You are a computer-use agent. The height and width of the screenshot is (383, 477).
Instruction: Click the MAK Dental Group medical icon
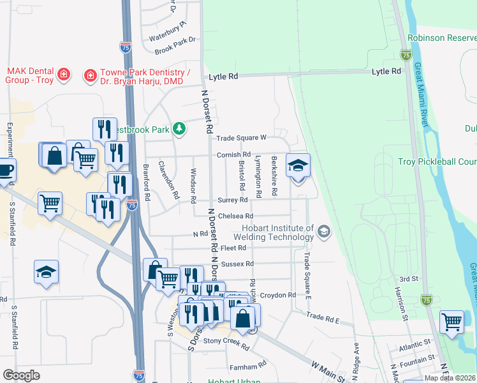(x=63, y=75)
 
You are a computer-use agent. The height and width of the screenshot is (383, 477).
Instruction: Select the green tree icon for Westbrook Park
(x=180, y=129)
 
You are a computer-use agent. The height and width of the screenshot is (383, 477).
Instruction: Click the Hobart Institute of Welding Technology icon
(x=324, y=231)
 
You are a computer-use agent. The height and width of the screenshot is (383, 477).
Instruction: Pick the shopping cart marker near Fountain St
(x=452, y=322)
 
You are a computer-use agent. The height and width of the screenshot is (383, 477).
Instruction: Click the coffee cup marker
(x=5, y=171)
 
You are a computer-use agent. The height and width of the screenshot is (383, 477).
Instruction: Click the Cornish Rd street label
(x=233, y=154)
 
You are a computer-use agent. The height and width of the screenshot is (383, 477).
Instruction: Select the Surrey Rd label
(x=232, y=200)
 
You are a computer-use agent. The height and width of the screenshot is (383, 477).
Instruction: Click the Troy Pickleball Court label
(x=437, y=161)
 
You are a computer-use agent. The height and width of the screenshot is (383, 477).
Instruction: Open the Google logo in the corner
(x=22, y=375)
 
